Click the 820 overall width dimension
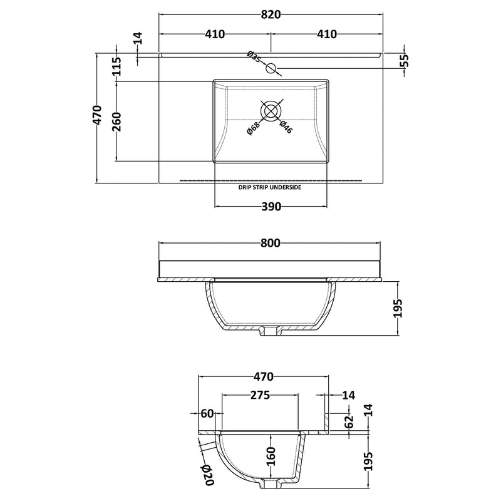point(271,14)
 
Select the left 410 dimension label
point(215,34)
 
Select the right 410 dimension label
point(327,34)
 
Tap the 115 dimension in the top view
point(116,66)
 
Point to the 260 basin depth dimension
point(116,121)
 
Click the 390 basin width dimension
point(271,207)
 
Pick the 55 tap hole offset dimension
point(404,61)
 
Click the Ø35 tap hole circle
point(271,68)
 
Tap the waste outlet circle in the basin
point(271,111)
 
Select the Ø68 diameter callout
point(254,128)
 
